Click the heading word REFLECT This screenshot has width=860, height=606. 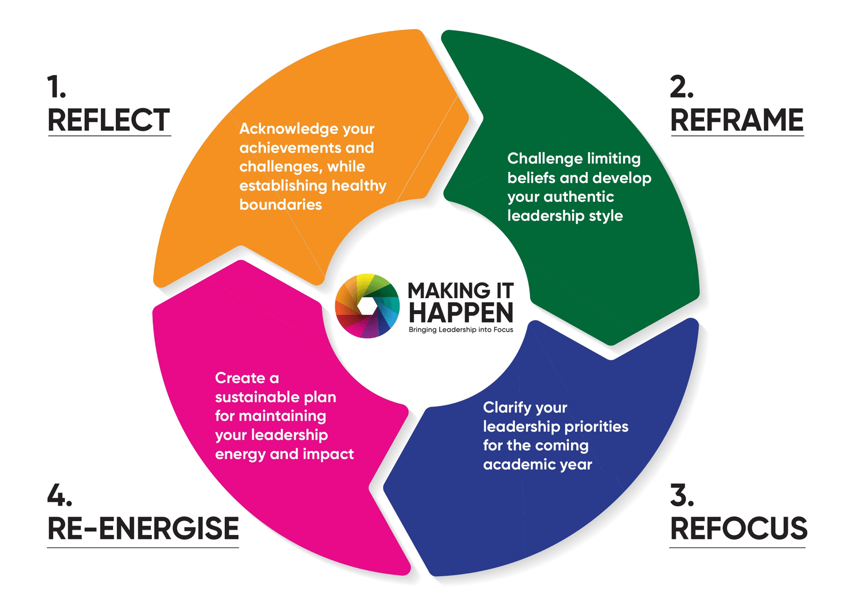(108, 120)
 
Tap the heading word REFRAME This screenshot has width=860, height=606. (737, 120)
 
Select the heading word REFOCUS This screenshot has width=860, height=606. (738, 529)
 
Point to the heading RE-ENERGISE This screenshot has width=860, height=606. (143, 529)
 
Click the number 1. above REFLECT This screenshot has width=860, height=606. (56, 87)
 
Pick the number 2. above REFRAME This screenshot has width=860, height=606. (682, 87)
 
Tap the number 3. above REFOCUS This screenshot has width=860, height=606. (682, 495)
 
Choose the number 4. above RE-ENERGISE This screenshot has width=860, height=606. (59, 495)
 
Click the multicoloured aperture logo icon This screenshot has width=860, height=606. (367, 306)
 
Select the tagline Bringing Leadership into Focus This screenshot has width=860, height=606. (460, 330)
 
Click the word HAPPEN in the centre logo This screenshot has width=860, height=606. (461, 313)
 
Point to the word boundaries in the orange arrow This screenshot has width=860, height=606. (280, 205)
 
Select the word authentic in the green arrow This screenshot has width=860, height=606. (578, 197)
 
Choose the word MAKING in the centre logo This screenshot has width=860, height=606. (449, 291)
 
